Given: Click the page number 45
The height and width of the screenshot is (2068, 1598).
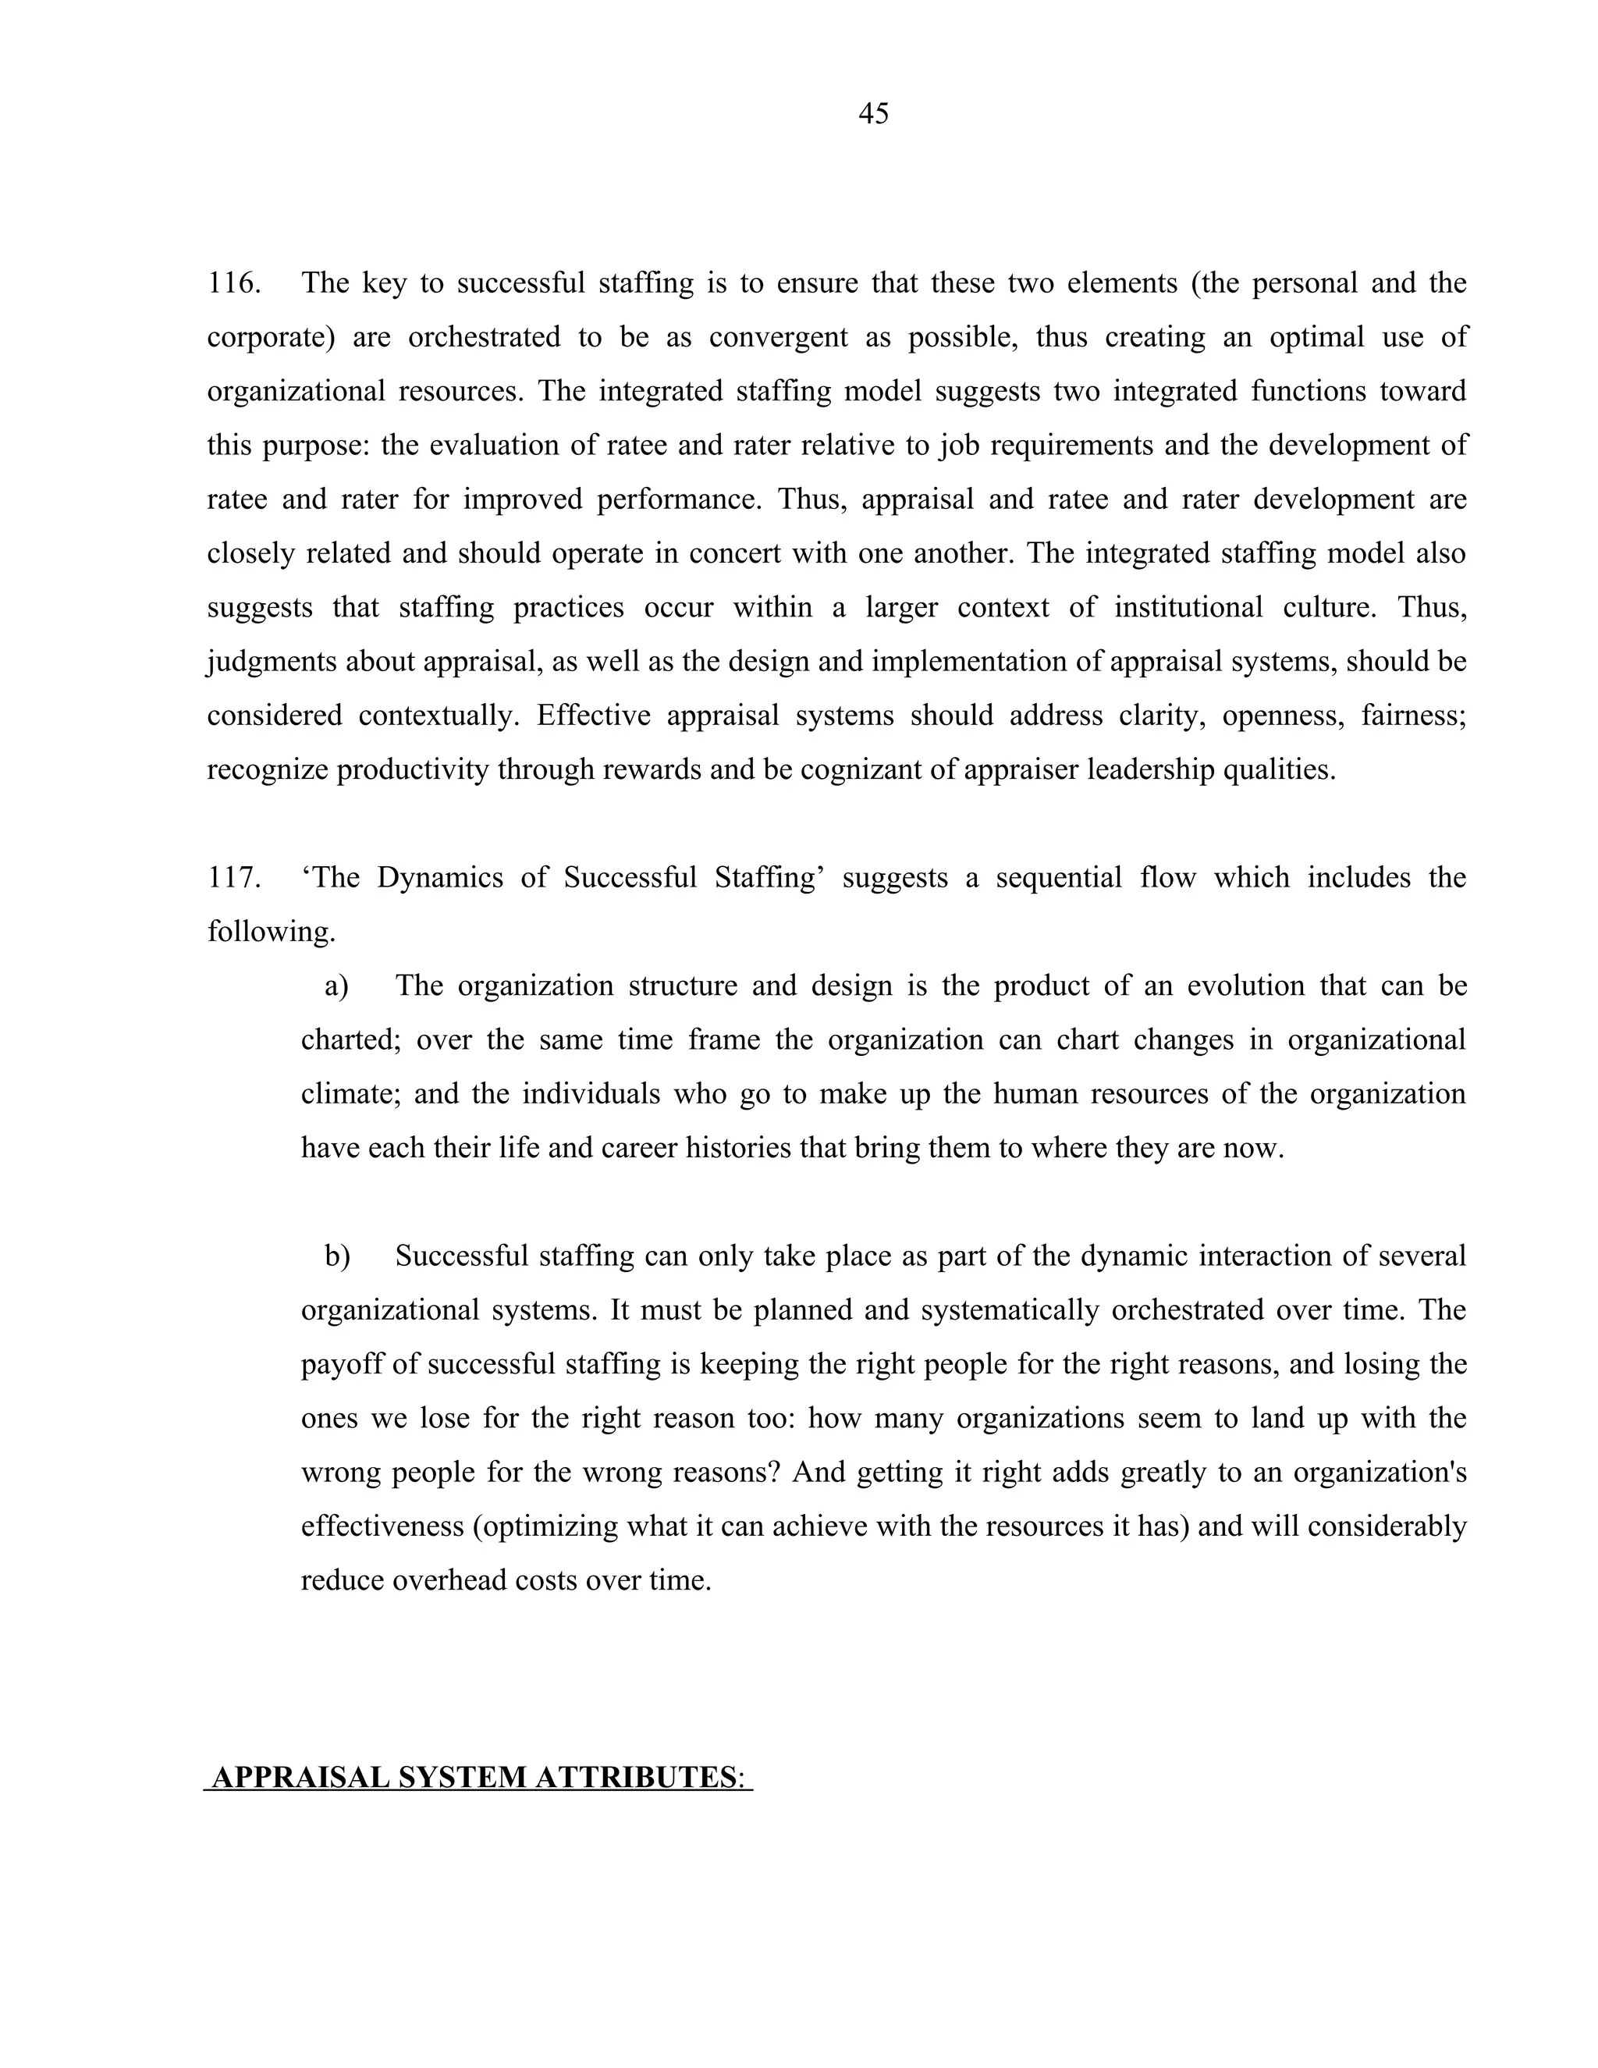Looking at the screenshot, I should click(873, 114).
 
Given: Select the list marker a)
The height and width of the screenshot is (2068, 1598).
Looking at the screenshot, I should click(337, 986).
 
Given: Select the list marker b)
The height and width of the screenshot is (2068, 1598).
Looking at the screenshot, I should click(337, 1256).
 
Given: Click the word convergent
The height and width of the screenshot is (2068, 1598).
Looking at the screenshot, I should click(778, 337).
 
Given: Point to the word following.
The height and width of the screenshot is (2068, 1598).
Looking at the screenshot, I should click(271, 933).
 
